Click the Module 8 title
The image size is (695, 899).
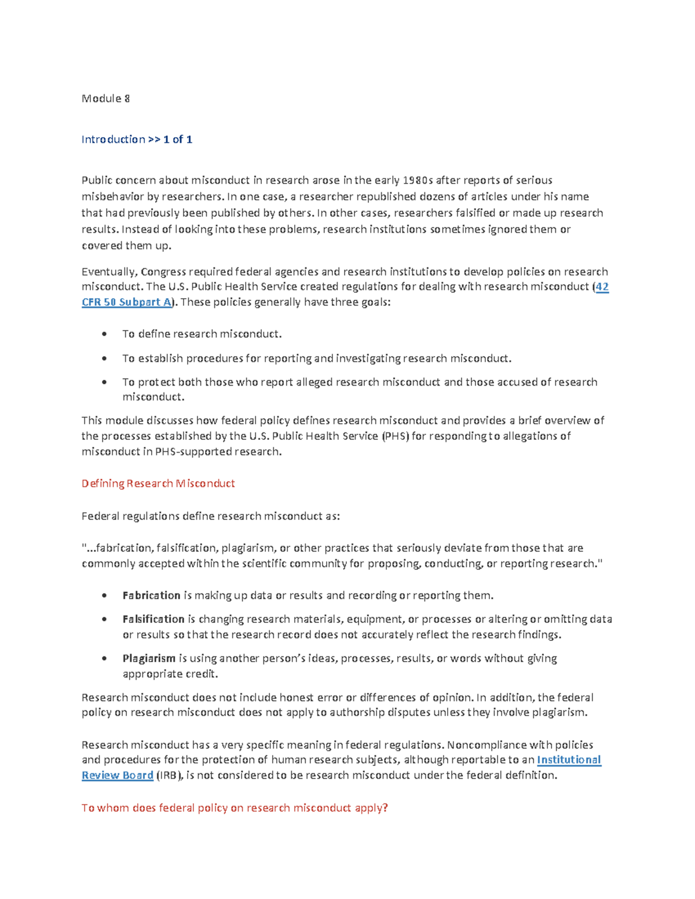(x=105, y=98)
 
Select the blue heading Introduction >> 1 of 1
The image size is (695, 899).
(x=137, y=139)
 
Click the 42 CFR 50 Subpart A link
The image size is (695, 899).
(x=126, y=302)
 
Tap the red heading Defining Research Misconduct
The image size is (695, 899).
(x=158, y=483)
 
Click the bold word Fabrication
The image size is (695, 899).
(x=151, y=595)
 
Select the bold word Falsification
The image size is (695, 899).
(x=153, y=619)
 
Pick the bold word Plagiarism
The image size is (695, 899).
(x=149, y=658)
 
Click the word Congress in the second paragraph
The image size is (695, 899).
(x=163, y=271)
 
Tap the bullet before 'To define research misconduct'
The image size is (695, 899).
(x=104, y=334)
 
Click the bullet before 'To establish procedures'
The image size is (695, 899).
(x=104, y=358)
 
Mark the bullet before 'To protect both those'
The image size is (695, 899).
(x=104, y=382)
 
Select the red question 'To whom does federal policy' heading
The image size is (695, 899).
(x=235, y=808)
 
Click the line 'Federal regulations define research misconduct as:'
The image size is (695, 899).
(x=211, y=516)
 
